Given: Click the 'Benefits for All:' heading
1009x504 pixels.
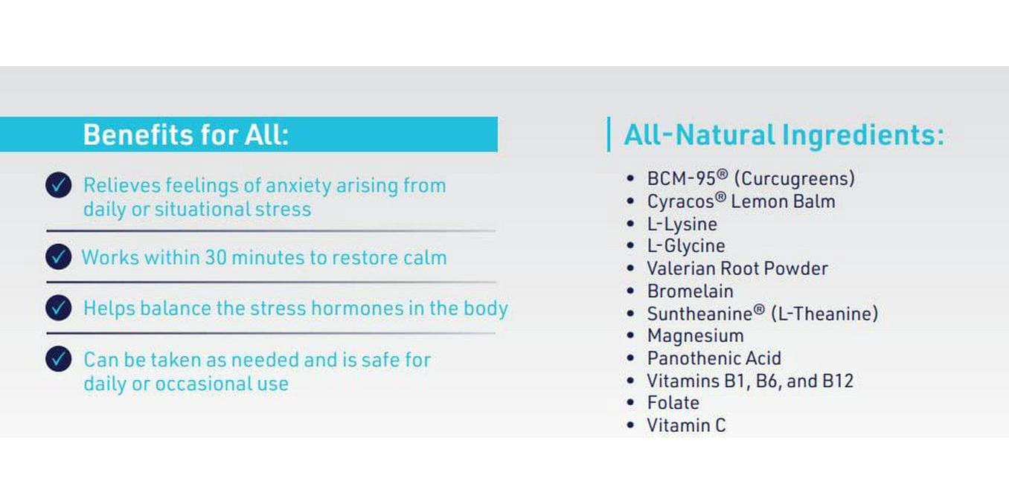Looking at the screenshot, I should point(185,135).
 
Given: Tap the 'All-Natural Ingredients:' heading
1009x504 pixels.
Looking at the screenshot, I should point(784,135).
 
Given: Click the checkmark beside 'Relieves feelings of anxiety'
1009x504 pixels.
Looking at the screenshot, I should point(58,185).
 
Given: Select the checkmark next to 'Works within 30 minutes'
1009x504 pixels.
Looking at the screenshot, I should point(58,257).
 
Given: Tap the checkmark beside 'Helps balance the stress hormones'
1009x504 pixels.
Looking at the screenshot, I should point(58,308).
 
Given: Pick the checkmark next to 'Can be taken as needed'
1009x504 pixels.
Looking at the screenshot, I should point(58,360).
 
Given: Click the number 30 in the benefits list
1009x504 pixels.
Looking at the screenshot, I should point(216,258).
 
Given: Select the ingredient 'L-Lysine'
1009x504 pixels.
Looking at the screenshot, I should point(682,224).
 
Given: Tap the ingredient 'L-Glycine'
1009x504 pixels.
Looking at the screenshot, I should point(685,246).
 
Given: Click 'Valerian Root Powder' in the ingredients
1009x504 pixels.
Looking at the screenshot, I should point(737,268).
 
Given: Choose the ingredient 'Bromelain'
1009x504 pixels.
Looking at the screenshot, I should point(690,291).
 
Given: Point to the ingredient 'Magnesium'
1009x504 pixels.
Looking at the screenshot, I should point(695,336).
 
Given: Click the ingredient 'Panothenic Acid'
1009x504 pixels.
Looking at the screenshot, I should point(714,358).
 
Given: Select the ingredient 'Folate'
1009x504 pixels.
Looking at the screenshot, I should point(673,403).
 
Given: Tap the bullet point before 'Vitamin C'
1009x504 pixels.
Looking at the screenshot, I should point(631,426).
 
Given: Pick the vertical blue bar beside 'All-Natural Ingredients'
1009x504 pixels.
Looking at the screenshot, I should point(609,135).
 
